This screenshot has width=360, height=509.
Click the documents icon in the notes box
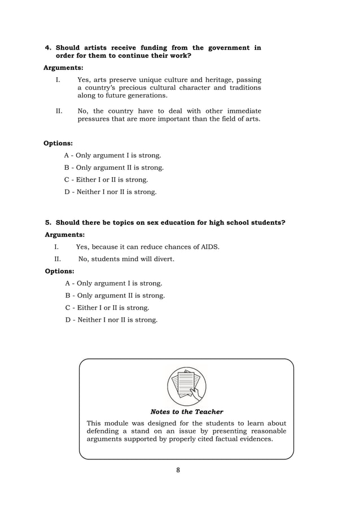pos(186,386)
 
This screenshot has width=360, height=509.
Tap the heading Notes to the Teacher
pos(186,412)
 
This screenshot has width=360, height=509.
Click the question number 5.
pos(48,223)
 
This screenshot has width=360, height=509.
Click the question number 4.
pos(48,48)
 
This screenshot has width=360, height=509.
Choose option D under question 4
pos(111,192)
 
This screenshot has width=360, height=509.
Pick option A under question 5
pos(113,283)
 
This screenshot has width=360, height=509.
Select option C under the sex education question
pos(107,308)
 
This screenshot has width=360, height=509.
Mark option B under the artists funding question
pos(113,168)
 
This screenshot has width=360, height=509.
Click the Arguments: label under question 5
pos(64,235)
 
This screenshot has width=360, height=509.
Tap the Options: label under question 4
pos(58,143)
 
